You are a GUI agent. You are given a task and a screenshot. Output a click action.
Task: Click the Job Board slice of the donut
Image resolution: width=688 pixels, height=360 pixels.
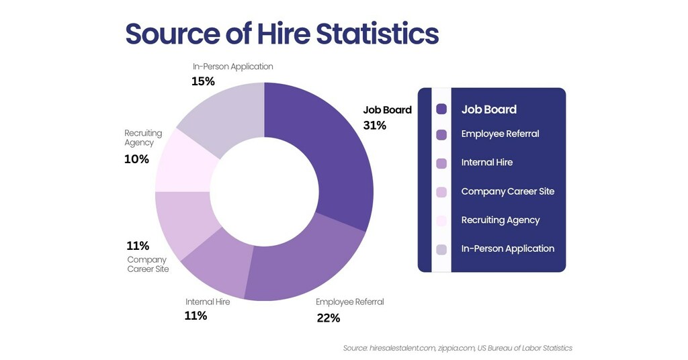coord(329,154)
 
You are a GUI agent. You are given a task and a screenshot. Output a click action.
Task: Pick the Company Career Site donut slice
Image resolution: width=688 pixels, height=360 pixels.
coord(181,222)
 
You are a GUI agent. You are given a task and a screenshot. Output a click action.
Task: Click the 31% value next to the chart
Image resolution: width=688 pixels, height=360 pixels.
coord(374,125)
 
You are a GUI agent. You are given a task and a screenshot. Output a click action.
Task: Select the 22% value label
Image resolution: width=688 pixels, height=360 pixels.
coord(328,318)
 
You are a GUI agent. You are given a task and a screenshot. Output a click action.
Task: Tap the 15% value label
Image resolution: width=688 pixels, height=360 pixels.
coord(203,81)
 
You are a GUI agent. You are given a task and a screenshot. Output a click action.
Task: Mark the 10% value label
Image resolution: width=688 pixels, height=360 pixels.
coord(136,159)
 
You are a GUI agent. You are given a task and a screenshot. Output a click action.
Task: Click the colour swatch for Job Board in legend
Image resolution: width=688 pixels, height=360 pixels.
coord(441,109)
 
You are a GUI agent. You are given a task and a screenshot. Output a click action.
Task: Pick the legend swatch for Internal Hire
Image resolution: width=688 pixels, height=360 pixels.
coord(441,163)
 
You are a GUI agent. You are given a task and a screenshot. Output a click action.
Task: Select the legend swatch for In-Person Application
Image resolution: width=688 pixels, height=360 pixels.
coord(441,249)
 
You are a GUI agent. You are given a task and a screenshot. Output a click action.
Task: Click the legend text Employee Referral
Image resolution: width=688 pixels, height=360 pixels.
coord(500,134)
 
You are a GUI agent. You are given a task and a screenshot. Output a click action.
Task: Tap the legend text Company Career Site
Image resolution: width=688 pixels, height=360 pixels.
coord(507,191)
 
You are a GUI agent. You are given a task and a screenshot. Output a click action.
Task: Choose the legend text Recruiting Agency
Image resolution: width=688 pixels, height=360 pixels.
coord(500,220)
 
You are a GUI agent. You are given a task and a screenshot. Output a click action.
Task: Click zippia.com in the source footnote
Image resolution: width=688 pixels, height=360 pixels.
coord(456,348)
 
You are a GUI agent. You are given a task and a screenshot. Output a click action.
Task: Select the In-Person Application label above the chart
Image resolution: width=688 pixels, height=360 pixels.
coord(232,66)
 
